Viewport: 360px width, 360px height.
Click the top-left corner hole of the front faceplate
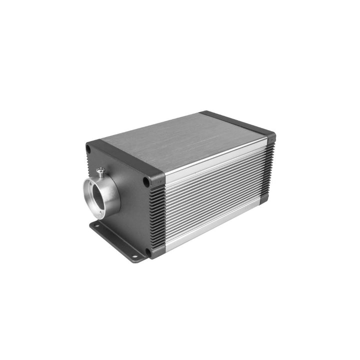click(89, 148)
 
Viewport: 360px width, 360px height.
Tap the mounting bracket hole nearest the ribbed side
click(134, 256)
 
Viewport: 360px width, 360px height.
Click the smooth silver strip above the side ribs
click(215, 160)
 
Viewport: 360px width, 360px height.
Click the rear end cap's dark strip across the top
click(237, 122)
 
